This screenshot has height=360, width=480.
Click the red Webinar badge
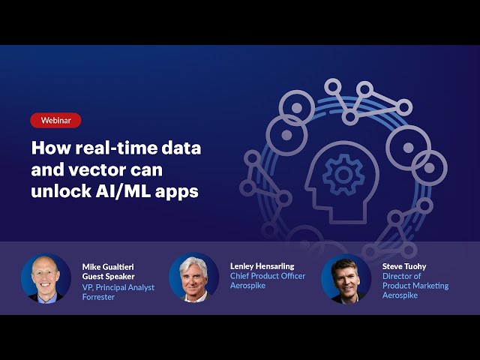pos(55,120)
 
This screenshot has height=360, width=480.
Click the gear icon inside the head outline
pos(343,175)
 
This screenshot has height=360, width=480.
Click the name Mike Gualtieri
pos(108,267)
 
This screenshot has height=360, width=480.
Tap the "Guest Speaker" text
pos(108,277)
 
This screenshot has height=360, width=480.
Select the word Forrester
pos(98,297)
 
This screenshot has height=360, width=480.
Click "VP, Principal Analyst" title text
pos(118,287)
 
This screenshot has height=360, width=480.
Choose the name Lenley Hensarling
pos(262,266)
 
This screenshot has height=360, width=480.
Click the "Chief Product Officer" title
pos(268,276)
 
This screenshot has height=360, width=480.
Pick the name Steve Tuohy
pos(404,267)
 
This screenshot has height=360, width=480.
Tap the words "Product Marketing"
pos(415,286)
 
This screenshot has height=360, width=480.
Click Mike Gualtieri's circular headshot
pos(46,278)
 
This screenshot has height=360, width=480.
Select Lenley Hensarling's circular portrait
pos(193,277)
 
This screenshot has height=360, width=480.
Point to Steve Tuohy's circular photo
pos(346,278)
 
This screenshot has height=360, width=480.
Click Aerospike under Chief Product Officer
pos(247,286)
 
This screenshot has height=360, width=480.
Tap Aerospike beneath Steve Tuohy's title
pos(400,295)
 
